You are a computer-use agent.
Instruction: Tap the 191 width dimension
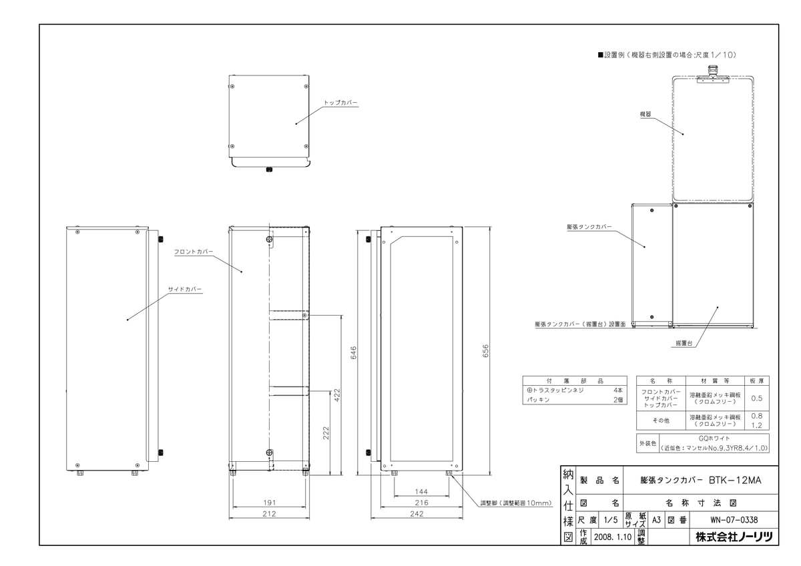click(x=269, y=501)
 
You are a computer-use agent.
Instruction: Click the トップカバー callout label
click(x=340, y=103)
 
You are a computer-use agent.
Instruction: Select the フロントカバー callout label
click(x=193, y=252)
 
